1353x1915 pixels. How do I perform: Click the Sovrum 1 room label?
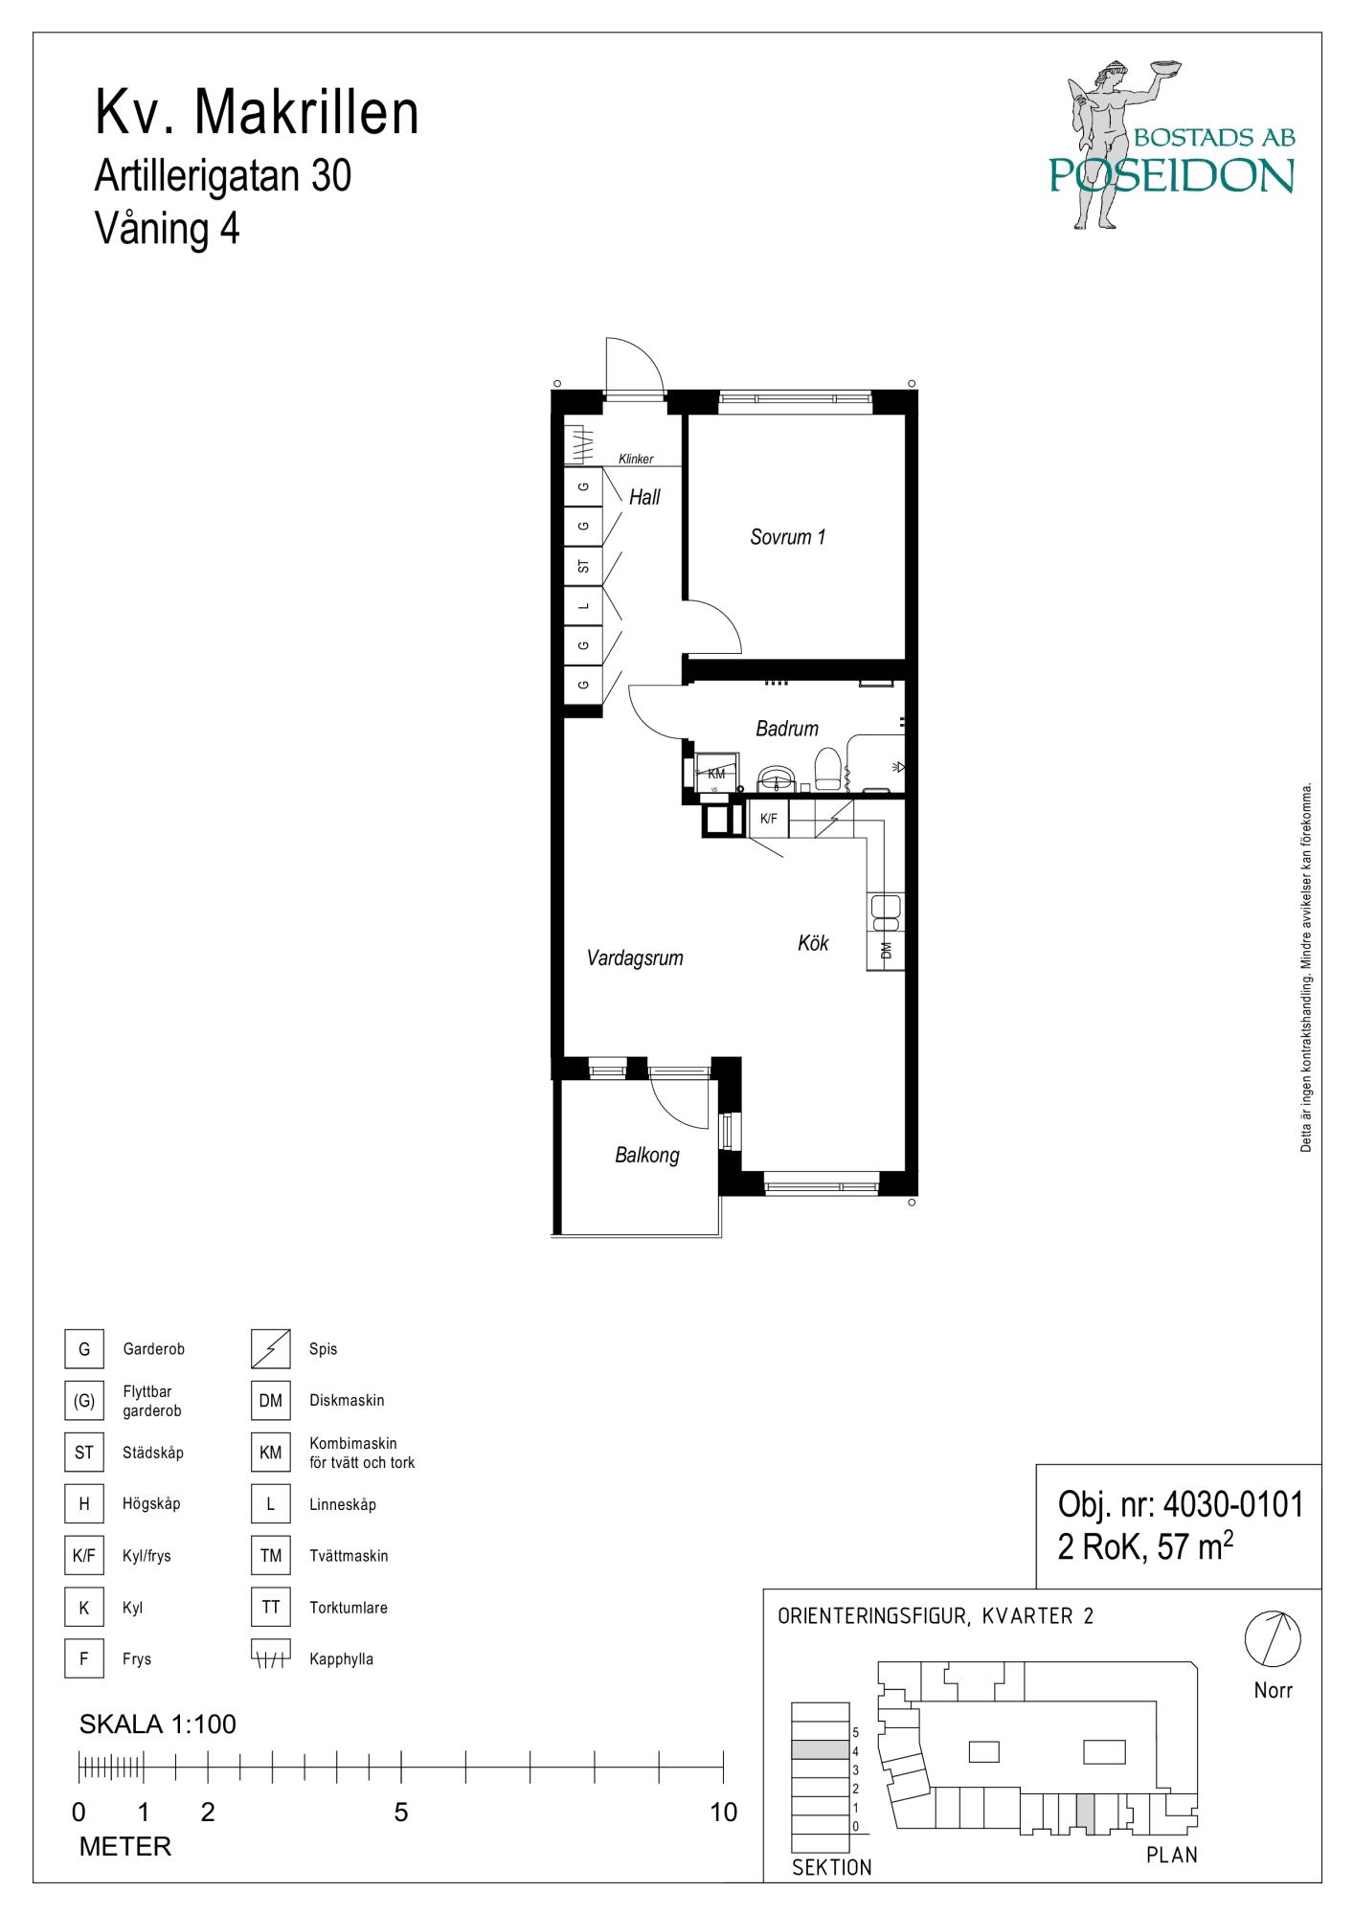pyautogui.click(x=787, y=537)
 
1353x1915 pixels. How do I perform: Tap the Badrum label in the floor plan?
pyautogui.click(x=787, y=729)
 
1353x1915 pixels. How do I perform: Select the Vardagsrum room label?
pyautogui.click(x=635, y=957)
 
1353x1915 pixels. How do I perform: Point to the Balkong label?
pyautogui.click(x=647, y=1155)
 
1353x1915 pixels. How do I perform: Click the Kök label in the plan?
pyautogui.click(x=813, y=943)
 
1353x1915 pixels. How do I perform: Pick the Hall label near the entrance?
pyautogui.click(x=644, y=497)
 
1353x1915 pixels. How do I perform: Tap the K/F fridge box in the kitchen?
pyautogui.click(x=768, y=819)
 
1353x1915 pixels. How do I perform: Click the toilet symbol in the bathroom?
pyautogui.click(x=827, y=769)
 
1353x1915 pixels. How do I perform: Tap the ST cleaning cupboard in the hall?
pyautogui.click(x=583, y=567)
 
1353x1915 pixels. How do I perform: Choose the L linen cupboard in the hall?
pyautogui.click(x=583, y=606)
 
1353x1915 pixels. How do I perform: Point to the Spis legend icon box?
pyautogui.click(x=271, y=1349)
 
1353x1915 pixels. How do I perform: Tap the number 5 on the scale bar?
pyautogui.click(x=401, y=1813)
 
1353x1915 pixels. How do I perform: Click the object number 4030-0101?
pyautogui.click(x=1232, y=1504)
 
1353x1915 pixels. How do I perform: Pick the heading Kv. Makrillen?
pyautogui.click(x=257, y=113)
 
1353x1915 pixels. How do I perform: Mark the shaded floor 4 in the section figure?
pyautogui.click(x=820, y=1749)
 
